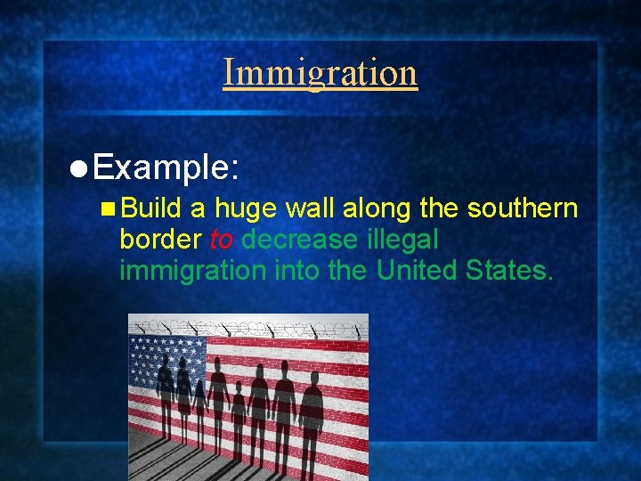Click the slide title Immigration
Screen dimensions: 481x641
pos(320,72)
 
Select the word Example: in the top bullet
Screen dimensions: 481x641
pos(166,167)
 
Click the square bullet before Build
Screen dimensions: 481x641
pos(108,209)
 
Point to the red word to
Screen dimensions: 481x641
pos(222,240)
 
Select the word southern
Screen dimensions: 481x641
pos(523,208)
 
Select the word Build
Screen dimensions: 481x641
pos(151,208)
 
